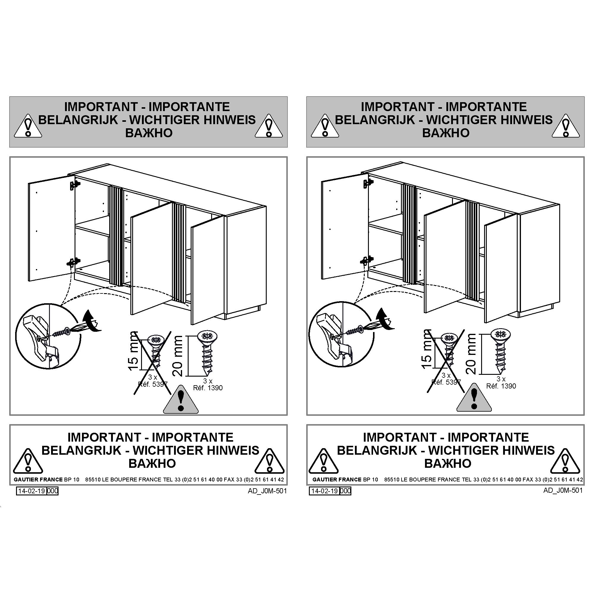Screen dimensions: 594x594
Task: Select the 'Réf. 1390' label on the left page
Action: [x=208, y=388]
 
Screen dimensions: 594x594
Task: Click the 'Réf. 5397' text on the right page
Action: [x=446, y=382]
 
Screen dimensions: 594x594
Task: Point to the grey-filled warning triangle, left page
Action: [x=181, y=400]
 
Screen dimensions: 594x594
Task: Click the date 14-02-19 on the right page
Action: [x=325, y=491]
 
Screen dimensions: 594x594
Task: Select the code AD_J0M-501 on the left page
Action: [x=267, y=491]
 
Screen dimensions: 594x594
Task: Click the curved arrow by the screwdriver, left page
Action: [x=93, y=321]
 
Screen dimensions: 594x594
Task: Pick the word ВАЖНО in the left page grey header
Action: [x=149, y=133]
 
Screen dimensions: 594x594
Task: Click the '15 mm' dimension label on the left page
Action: [x=134, y=351]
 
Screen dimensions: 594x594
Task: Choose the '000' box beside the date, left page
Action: [x=53, y=491]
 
